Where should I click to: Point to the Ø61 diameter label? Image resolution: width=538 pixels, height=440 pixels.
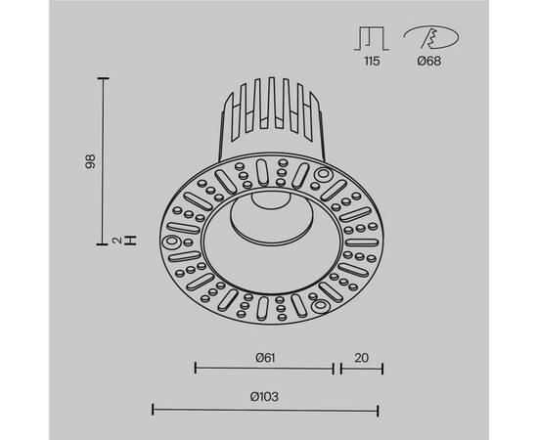pos(263,357)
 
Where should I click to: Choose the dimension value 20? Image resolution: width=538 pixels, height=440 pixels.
pos(361,357)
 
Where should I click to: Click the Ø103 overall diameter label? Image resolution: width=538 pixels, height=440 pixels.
pos(263,395)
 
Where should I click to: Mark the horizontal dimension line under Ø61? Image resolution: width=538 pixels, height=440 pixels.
pos(264,369)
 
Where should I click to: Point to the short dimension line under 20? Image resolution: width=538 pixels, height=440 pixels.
pos(361,369)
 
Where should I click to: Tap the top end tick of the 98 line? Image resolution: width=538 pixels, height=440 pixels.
pos(104,78)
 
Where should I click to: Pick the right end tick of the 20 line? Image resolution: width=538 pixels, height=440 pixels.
pos(382,369)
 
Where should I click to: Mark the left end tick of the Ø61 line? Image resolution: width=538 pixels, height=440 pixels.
pos(196,369)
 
